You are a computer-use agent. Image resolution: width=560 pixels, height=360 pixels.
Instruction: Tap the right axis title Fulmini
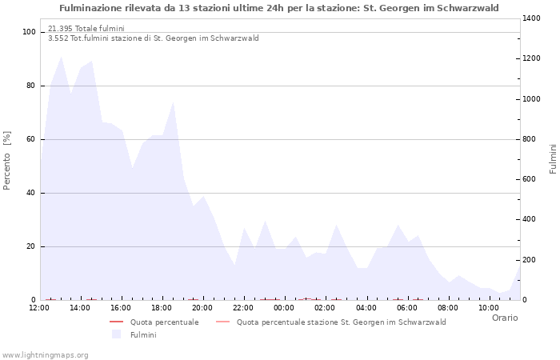[x=552, y=158]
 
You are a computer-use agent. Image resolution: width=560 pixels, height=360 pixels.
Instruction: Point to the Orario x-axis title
[x=504, y=318]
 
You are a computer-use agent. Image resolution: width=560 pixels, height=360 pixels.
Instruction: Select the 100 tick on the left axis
[x=29, y=32]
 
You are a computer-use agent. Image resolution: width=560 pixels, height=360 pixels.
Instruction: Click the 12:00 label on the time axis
[x=38, y=307]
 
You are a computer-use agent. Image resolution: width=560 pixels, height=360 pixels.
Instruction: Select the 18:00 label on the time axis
[x=162, y=307]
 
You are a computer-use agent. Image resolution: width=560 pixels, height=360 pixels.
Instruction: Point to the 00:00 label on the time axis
[x=284, y=307]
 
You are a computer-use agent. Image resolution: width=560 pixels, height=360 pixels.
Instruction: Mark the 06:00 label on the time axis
[x=407, y=307]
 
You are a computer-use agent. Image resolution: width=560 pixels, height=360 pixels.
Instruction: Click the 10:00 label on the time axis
[x=489, y=307]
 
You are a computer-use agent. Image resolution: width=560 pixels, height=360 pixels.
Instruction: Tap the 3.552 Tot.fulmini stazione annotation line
[x=154, y=38]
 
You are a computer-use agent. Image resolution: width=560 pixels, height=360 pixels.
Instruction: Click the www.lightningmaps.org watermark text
[x=46, y=354]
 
